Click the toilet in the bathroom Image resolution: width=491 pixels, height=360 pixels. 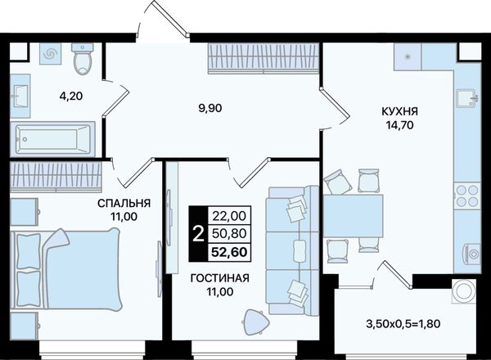point(83,59)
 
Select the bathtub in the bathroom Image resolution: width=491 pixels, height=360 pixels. point(52,139)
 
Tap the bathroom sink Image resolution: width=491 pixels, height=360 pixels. point(20,96)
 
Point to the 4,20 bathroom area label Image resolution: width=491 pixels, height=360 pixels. point(71,96)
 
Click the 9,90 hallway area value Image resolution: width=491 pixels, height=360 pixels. point(210,108)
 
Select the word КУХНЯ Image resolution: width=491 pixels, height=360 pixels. point(399,111)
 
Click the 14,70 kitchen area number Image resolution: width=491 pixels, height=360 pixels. point(399,125)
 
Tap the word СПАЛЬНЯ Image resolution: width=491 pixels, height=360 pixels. point(124,204)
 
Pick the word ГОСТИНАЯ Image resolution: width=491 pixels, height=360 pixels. point(220,278)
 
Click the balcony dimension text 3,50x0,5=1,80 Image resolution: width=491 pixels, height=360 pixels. point(403,323)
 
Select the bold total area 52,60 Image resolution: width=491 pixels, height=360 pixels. point(229,252)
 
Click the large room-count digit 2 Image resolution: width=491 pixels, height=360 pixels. point(198,234)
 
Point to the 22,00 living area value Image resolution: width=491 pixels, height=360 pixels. point(229,216)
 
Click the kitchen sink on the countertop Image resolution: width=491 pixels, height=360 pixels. point(466,98)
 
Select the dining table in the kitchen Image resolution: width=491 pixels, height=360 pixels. point(353,216)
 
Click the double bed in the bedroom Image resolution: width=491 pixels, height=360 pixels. point(65,270)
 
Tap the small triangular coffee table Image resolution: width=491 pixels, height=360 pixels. point(255,322)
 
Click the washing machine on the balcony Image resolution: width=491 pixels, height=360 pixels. point(464,291)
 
